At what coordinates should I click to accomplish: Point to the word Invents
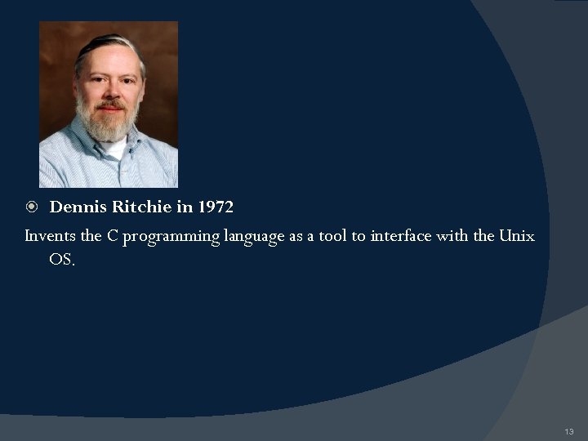click(x=51, y=236)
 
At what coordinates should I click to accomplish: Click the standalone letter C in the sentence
click(x=114, y=236)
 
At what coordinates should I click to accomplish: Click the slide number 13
click(x=569, y=430)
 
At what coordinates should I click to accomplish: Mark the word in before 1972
click(x=184, y=207)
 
